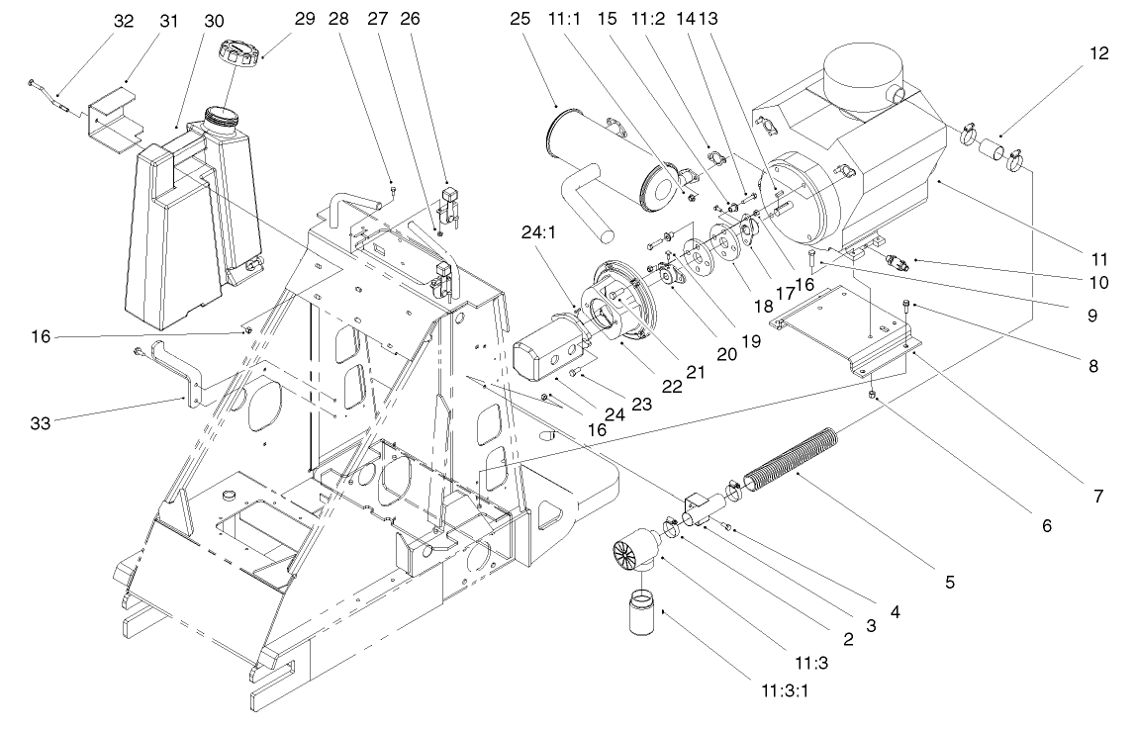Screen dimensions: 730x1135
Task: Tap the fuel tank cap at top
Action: [240, 52]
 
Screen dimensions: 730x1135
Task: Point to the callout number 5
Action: [948, 584]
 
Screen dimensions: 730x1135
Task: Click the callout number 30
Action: [214, 20]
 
